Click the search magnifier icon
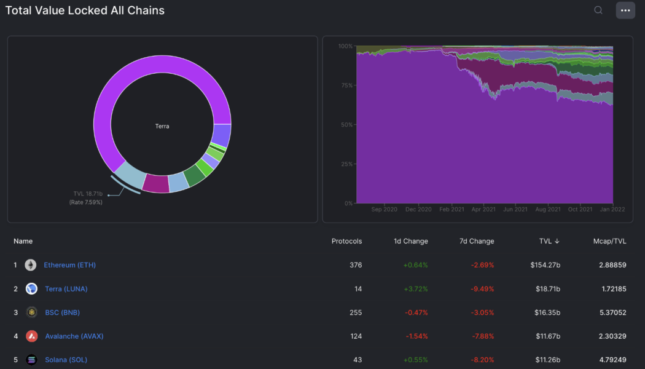[598, 10]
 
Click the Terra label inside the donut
[162, 126]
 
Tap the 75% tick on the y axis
[345, 85]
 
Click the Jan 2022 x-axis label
[612, 210]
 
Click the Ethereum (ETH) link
[69, 265]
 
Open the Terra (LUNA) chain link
[70, 289]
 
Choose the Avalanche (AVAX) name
[74, 336]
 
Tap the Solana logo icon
[31, 360]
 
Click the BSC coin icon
[31, 312]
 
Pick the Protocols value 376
[355, 265]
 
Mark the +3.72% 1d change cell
[415, 289]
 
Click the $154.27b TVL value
[545, 265]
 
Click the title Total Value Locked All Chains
[85, 10]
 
